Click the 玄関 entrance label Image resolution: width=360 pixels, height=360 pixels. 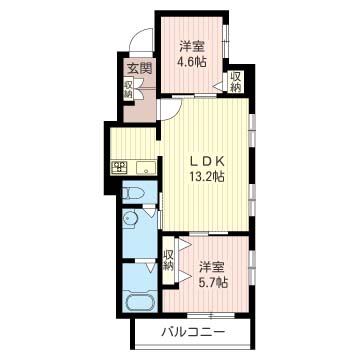[x=138, y=68]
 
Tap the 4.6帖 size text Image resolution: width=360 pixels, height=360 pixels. [x=193, y=61]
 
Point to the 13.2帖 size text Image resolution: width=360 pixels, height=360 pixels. [x=207, y=177]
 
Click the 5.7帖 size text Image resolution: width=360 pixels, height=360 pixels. [x=212, y=282]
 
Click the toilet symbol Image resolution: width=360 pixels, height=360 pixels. [x=135, y=192]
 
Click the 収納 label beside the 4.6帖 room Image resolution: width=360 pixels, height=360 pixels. [x=235, y=82]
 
